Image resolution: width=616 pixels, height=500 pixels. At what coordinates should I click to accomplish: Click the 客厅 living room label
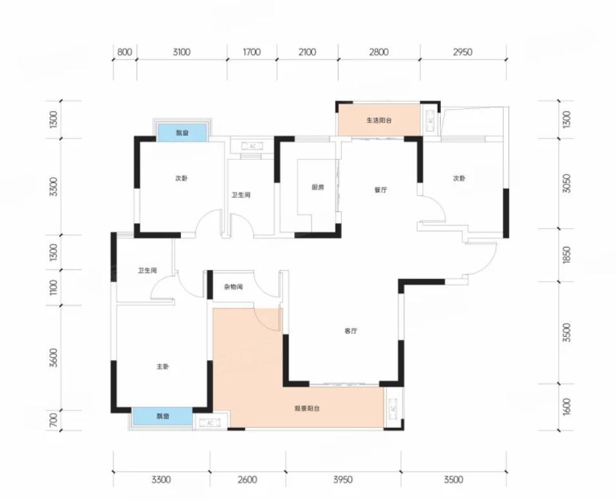click(x=350, y=331)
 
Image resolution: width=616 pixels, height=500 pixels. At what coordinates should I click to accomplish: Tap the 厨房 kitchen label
click(x=318, y=187)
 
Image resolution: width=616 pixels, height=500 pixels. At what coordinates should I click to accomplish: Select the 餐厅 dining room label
click(x=380, y=189)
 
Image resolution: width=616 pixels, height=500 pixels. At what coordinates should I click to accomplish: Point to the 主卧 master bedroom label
click(x=163, y=367)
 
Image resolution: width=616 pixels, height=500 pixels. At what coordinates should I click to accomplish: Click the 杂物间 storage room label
click(x=234, y=287)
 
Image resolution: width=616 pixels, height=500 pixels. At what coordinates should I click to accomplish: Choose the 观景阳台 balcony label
click(x=307, y=409)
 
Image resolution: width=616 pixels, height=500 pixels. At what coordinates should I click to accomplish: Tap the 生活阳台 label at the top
click(x=378, y=120)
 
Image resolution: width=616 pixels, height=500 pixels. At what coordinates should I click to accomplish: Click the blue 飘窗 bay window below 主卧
click(x=162, y=416)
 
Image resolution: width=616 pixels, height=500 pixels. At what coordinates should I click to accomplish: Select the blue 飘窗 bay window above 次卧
click(x=182, y=133)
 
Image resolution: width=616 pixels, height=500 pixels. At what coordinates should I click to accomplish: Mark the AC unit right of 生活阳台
click(x=430, y=120)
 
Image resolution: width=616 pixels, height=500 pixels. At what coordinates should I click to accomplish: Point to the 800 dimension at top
click(x=124, y=52)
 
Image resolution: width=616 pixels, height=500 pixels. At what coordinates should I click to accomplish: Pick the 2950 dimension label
click(x=462, y=52)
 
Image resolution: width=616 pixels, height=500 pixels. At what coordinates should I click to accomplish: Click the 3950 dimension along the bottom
click(x=342, y=479)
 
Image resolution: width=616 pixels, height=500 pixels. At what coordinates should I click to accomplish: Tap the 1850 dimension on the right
click(x=566, y=255)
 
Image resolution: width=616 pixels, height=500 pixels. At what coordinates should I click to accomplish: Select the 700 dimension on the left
click(x=53, y=419)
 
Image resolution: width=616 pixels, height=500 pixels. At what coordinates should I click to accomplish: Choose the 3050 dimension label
click(x=566, y=184)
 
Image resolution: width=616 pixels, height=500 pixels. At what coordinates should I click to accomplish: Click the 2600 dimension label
click(x=248, y=479)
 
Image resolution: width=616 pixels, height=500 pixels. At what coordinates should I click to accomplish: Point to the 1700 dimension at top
click(x=252, y=52)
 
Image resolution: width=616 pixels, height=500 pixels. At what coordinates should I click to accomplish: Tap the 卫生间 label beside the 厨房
click(x=241, y=195)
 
